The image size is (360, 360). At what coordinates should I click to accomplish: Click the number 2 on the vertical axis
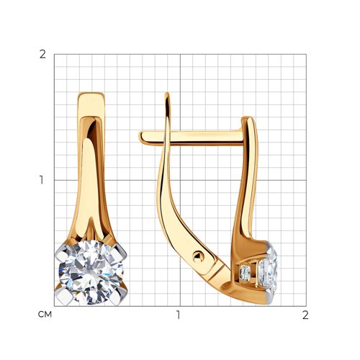coord(42,55)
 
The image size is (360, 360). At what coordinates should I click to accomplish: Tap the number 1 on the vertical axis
coord(42,180)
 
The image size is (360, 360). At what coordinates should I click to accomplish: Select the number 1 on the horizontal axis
coord(178,315)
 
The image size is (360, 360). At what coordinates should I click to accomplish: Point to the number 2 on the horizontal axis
coord(305,315)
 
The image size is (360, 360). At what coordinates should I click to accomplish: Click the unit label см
coord(45,315)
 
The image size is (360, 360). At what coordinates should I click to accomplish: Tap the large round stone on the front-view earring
coord(91,272)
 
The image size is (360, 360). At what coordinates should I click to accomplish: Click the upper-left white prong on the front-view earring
coord(62,253)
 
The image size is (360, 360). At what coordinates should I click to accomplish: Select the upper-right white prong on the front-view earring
coord(120,253)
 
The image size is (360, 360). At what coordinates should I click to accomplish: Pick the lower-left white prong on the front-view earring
coord(64,297)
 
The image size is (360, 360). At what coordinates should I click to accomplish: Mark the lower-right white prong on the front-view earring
coord(120,297)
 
